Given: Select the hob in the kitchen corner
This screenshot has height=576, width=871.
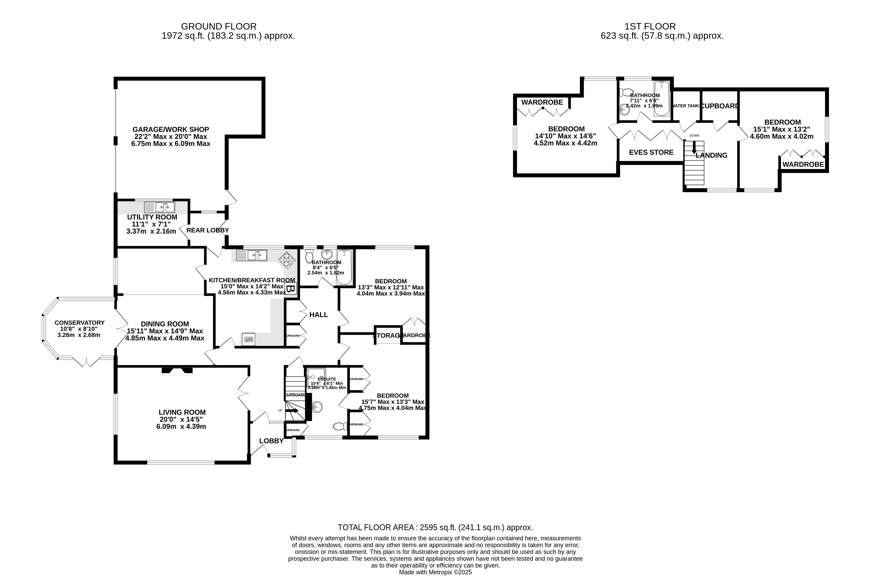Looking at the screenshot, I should pyautogui.click(x=287, y=260).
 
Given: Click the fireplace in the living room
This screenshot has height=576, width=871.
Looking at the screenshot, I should pyautogui.click(x=177, y=371).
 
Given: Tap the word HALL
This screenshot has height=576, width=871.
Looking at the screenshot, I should pyautogui.click(x=318, y=315).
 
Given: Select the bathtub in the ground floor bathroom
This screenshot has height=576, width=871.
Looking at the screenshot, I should pyautogui.click(x=344, y=267).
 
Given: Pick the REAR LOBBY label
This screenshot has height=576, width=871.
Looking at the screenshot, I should pyautogui.click(x=208, y=230).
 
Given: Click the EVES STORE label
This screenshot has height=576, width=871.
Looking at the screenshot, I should pyautogui.click(x=651, y=152).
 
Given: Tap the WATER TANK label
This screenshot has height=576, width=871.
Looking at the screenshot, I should pyautogui.click(x=685, y=106).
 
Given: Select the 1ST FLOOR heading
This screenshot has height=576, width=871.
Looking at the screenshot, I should pyautogui.click(x=650, y=27).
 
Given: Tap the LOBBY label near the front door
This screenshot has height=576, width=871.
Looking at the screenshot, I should pyautogui.click(x=271, y=441).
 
